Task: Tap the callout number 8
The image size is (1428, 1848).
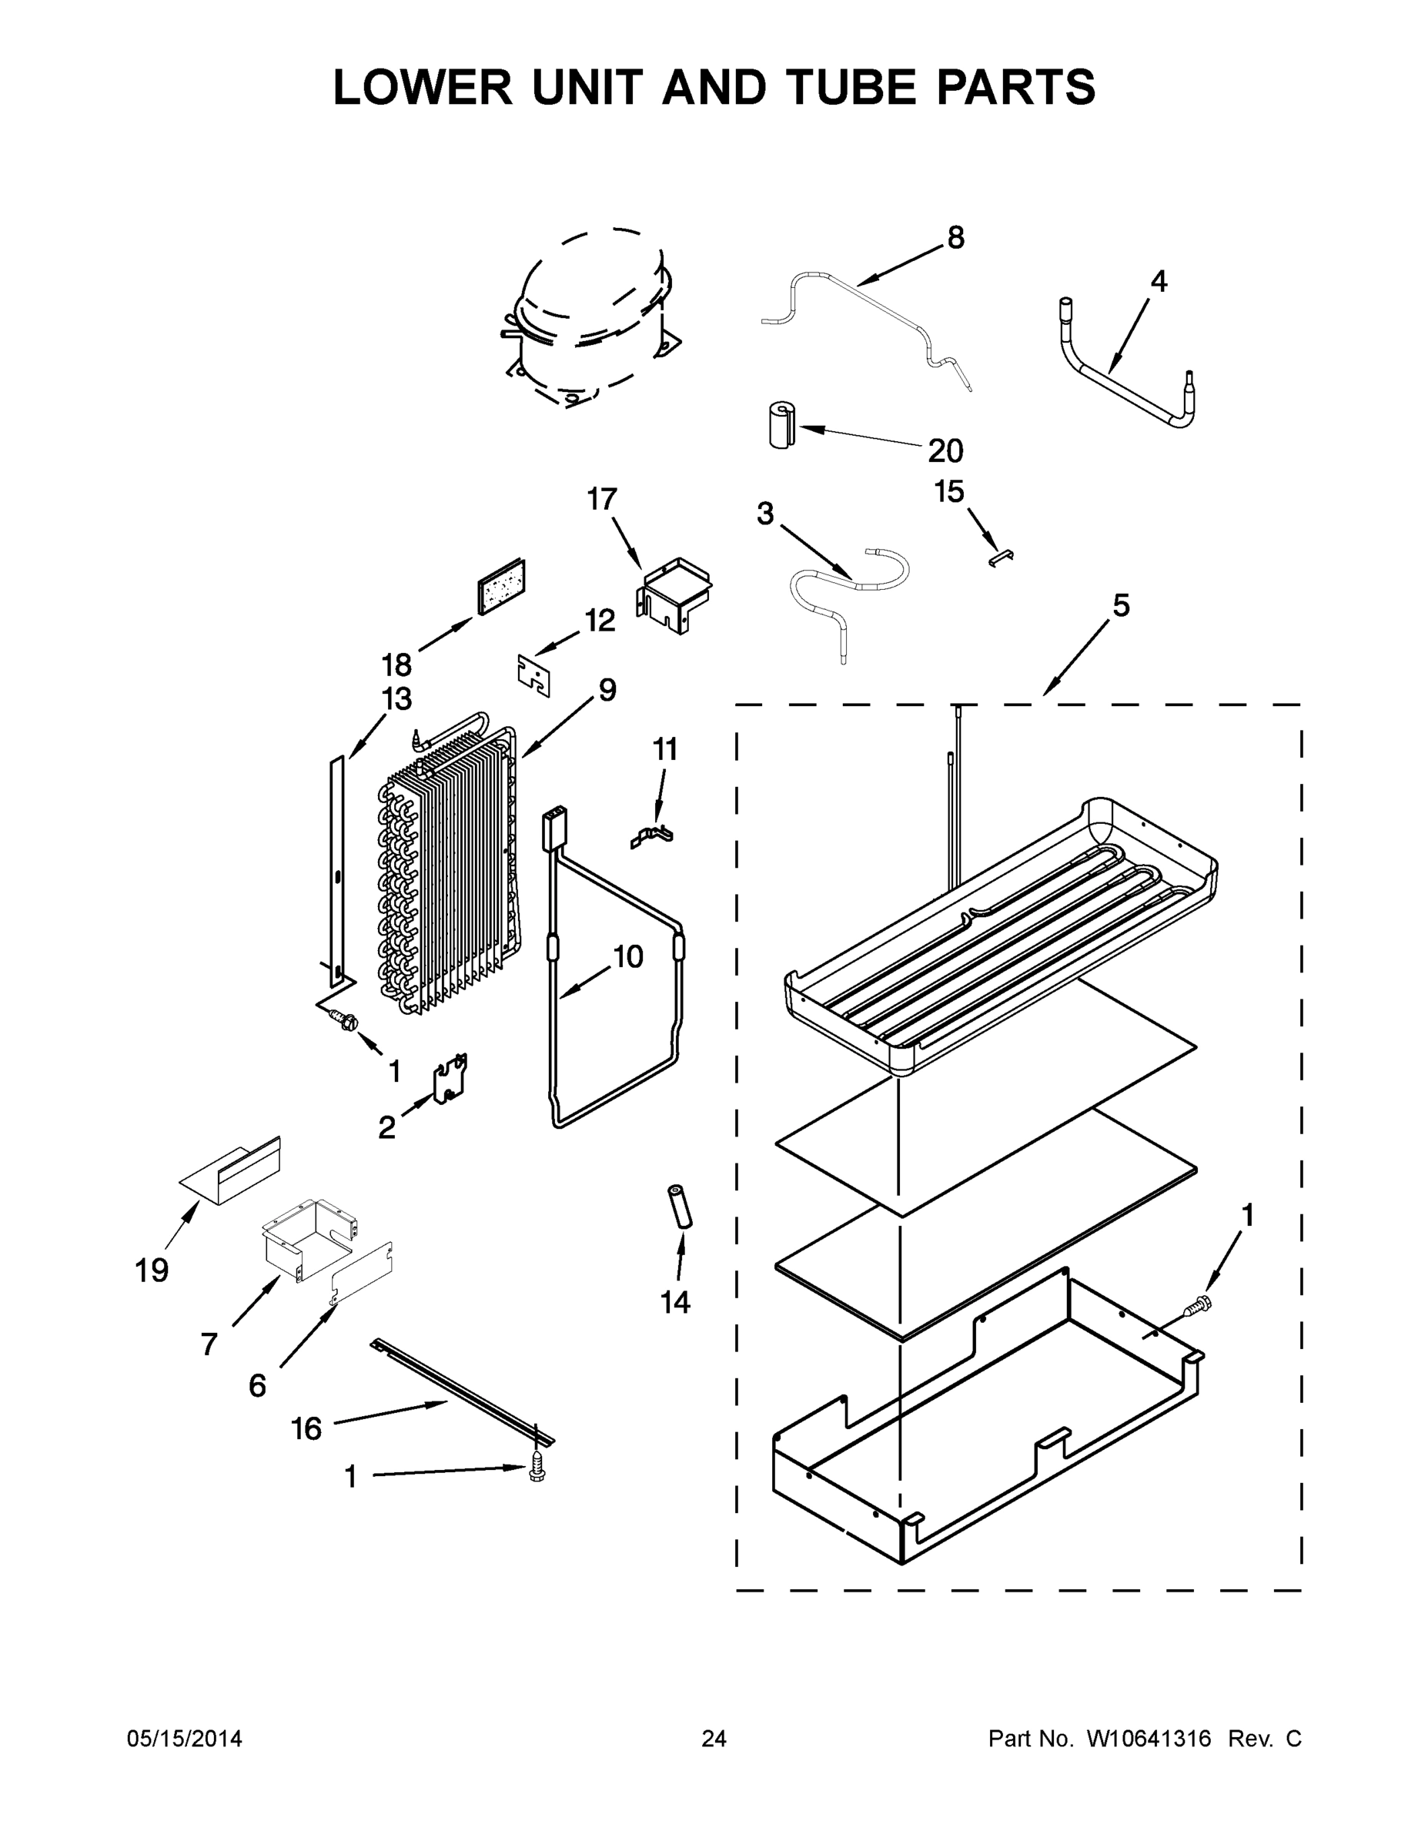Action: (955, 238)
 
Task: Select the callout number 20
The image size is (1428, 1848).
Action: (945, 451)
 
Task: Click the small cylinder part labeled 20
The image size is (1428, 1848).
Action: (781, 425)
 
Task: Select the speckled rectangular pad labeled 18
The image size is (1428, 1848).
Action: (501, 585)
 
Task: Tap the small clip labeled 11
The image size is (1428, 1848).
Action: (651, 837)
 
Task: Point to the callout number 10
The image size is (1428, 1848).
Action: (627, 956)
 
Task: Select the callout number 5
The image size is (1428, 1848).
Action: (1120, 606)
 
